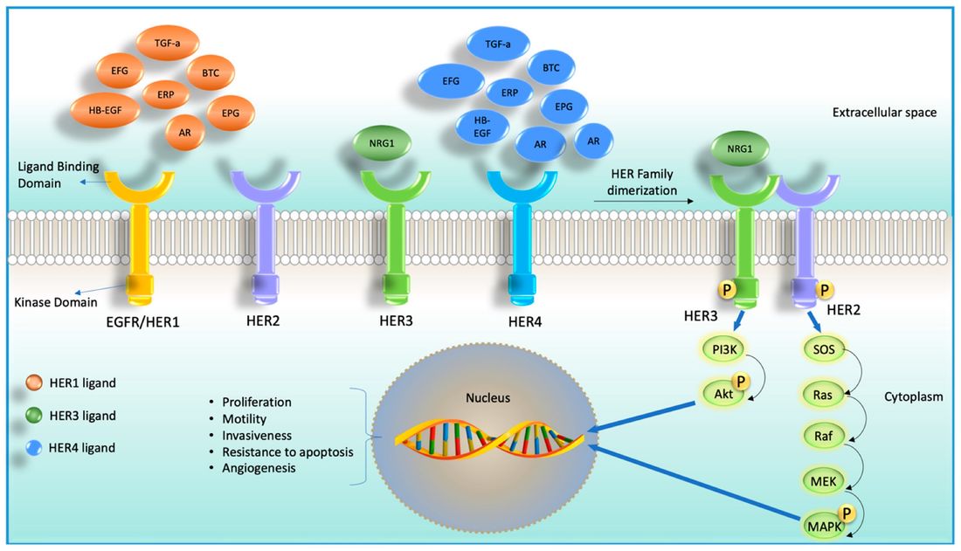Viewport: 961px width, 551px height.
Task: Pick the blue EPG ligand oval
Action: [x=563, y=107]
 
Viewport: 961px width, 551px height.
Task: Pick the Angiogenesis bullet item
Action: [x=259, y=468]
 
